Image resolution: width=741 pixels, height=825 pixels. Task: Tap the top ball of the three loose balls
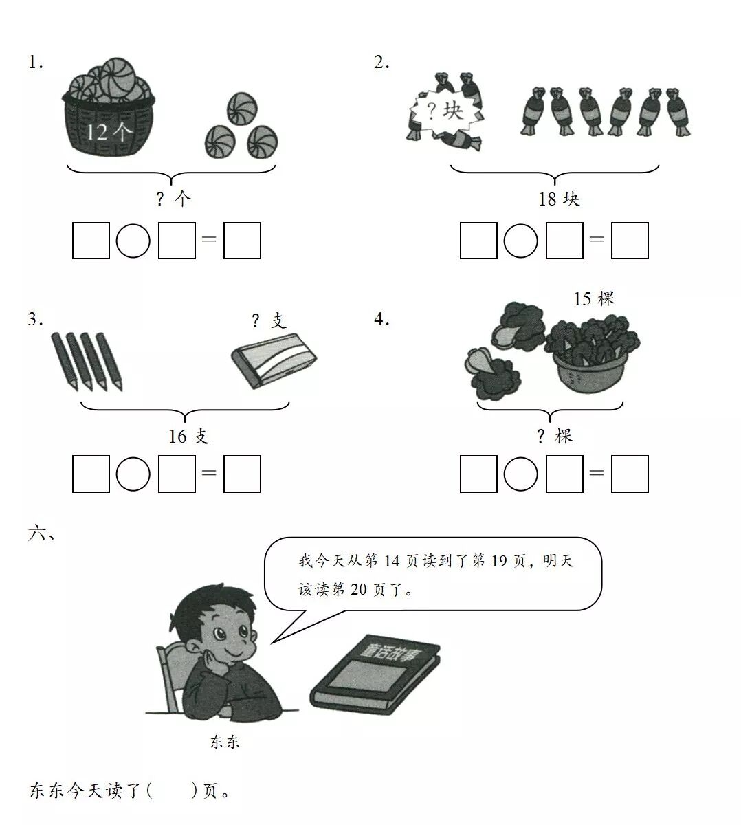[242, 109]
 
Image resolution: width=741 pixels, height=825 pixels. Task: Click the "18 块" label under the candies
[559, 199]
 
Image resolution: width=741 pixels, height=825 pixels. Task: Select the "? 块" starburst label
[445, 111]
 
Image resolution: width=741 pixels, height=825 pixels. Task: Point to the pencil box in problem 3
[274, 360]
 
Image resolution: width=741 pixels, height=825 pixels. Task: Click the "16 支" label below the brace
[189, 437]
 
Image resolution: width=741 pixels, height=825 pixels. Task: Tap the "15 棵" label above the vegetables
[594, 298]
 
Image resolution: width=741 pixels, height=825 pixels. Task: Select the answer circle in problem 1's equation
[133, 241]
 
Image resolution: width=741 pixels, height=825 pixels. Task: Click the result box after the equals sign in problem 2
[630, 241]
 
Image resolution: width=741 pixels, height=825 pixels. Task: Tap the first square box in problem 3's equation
[91, 474]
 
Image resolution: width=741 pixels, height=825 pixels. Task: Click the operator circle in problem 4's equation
[521, 474]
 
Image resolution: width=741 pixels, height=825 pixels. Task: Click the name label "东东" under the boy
[225, 742]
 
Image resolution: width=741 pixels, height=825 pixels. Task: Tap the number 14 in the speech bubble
[392, 561]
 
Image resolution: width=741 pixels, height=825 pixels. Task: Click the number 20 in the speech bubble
[358, 589]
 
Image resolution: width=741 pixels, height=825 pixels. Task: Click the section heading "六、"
[41, 533]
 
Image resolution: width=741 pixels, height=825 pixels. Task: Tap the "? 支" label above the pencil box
[269, 321]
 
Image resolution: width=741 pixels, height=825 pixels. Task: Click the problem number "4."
[381, 319]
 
